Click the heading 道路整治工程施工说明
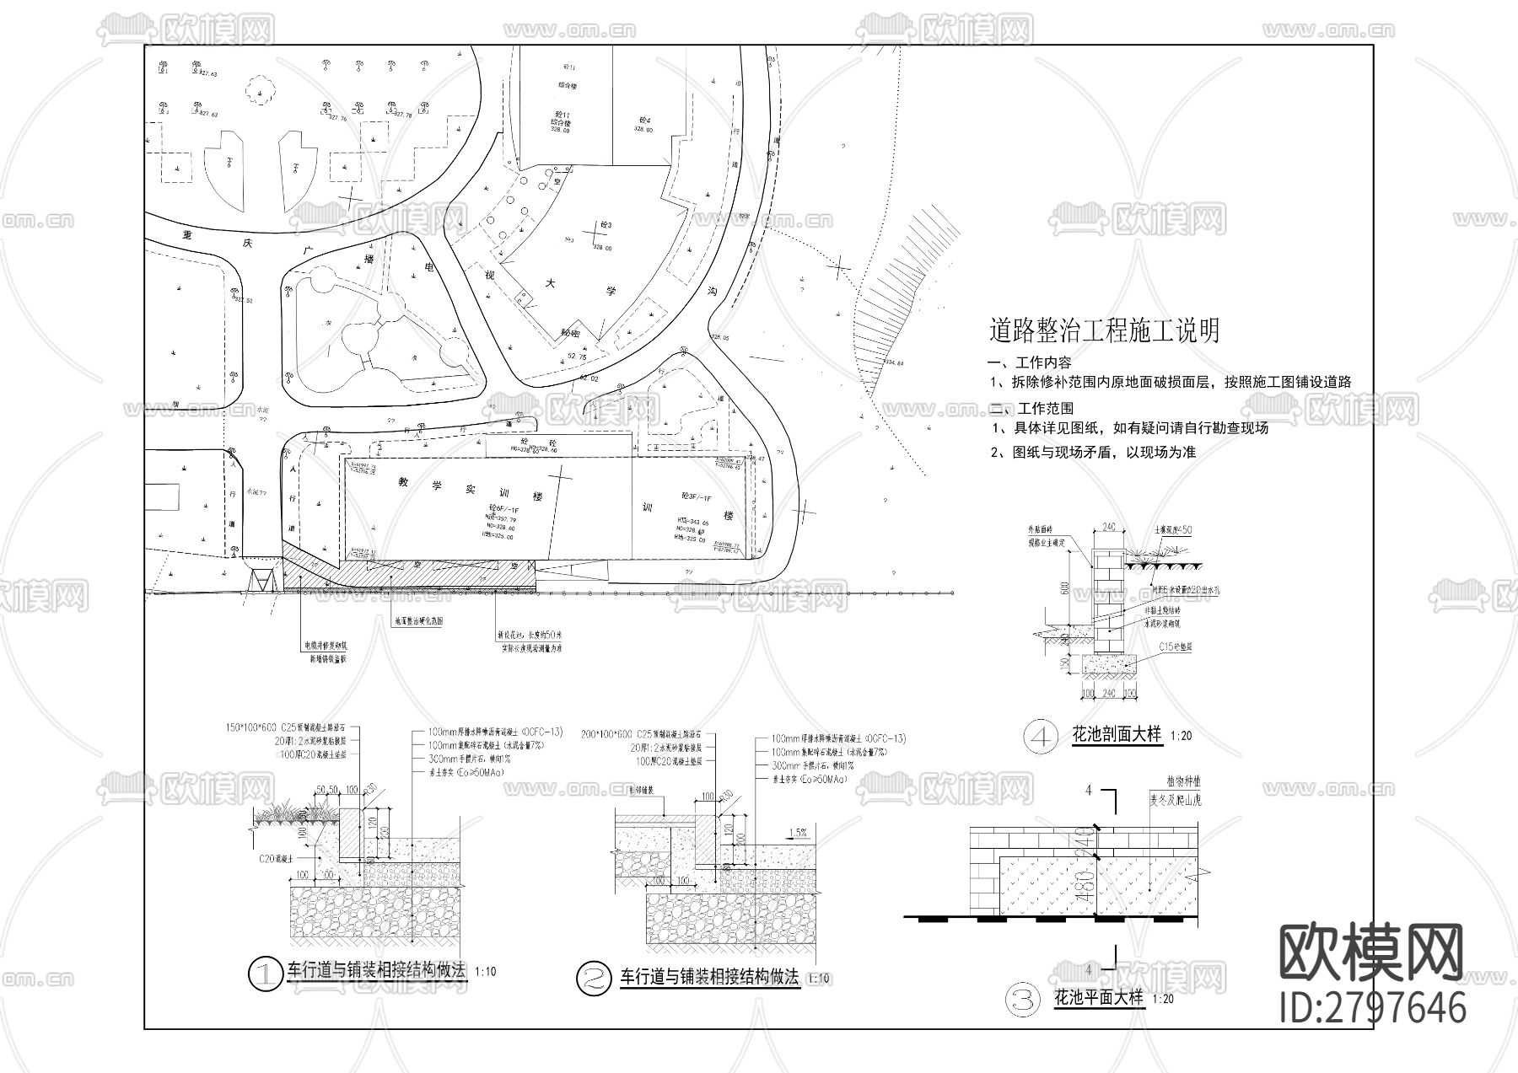tap(1104, 330)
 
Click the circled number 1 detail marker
tap(266, 974)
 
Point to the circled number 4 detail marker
tap(1042, 737)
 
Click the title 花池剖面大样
tap(1117, 735)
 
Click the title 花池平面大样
tap(1099, 999)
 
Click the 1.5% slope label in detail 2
tap(797, 833)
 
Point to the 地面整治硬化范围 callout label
tap(419, 620)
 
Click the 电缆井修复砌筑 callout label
tap(326, 646)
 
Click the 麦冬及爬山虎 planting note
tap(1175, 799)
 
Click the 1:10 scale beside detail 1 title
tap(486, 972)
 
